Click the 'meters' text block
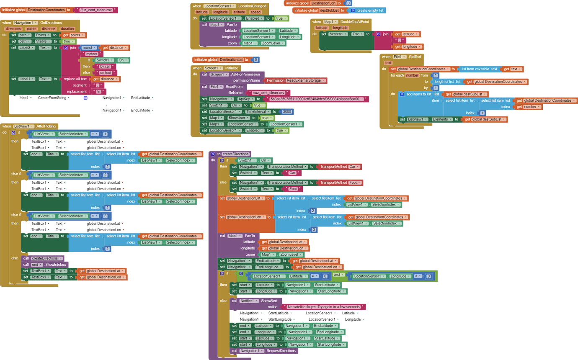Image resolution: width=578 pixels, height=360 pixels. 92,54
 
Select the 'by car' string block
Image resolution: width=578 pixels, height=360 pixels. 105,67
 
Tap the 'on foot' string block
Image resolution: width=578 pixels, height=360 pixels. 106,73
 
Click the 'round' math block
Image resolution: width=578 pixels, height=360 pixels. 87,48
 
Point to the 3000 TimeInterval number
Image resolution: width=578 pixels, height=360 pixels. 287,112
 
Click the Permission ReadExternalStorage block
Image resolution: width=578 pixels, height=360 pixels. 296,80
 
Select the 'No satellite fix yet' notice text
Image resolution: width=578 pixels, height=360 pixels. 323,307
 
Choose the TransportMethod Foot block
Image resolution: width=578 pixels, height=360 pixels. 340,183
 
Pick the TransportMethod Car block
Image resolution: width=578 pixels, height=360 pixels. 339,167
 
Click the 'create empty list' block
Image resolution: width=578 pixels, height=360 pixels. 367,10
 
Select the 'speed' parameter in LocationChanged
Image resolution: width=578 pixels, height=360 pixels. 255,12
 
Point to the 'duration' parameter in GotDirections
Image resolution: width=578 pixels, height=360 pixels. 67,29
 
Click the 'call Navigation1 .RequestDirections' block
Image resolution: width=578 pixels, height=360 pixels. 264,351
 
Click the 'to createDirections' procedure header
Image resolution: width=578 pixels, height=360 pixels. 230,154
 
